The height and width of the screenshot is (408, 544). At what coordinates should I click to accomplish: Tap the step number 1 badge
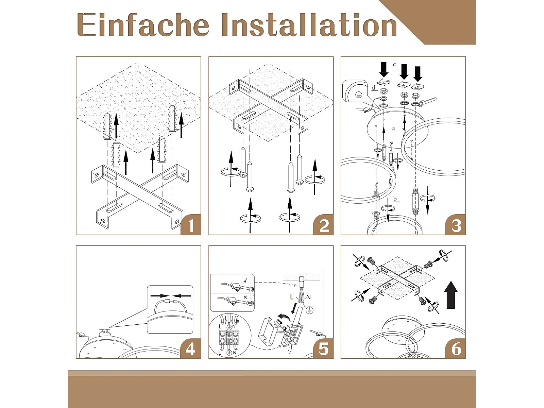(191, 225)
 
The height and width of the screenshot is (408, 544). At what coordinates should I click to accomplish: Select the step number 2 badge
(323, 225)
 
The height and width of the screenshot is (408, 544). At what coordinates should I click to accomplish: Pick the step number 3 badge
(456, 225)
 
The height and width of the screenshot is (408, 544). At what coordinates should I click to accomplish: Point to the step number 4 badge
(191, 348)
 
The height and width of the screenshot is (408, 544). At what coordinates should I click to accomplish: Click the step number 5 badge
(323, 348)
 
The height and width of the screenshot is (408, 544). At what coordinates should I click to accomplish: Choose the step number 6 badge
(456, 348)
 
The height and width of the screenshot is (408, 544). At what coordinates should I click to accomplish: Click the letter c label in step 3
(394, 65)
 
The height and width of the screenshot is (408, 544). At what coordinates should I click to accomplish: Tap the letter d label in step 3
(373, 88)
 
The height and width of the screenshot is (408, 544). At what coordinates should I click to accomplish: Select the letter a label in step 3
(394, 129)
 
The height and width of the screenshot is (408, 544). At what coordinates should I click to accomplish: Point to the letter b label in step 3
(395, 199)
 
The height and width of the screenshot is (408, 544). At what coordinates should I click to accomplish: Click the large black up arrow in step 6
(451, 295)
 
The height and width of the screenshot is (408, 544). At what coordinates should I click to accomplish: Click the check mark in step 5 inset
(245, 281)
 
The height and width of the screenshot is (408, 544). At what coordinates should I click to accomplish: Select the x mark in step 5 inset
(245, 297)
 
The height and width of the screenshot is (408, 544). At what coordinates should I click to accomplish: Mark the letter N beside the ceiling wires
(308, 297)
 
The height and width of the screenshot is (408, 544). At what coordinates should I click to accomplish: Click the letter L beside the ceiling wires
(292, 296)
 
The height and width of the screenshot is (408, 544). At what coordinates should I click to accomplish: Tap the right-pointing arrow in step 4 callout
(160, 295)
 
